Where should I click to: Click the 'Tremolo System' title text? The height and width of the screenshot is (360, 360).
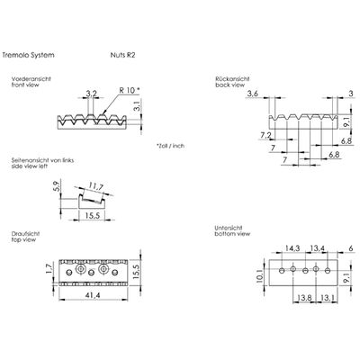pos(29,55)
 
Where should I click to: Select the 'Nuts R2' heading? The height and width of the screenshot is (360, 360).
pos(122,55)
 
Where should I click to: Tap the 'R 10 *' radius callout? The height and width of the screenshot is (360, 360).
pos(130,90)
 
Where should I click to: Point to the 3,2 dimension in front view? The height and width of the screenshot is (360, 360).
pos(91,94)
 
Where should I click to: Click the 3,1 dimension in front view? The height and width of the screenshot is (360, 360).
pos(136,106)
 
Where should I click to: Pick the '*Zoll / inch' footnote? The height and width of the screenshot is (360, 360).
pos(170,146)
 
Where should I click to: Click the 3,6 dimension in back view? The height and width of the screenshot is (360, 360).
pos(252,94)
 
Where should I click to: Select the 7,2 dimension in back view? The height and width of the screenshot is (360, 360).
pos(265,135)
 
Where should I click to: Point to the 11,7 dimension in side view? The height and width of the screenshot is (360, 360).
pos(96,187)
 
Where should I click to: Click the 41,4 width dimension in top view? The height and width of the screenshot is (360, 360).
pos(93,295)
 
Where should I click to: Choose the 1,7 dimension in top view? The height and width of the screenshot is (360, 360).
pos(49,268)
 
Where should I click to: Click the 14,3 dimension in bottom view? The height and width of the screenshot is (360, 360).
pos(292,248)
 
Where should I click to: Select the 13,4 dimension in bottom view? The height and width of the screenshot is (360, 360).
pos(317,248)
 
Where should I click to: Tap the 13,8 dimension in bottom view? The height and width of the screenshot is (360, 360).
pos(304,298)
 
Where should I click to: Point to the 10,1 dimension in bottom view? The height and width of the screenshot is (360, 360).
pos(260,275)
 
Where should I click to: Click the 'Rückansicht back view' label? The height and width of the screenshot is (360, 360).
pos(232,82)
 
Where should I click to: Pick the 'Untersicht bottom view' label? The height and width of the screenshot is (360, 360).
pos(232,230)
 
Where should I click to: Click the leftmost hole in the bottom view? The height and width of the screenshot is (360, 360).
pos(282,271)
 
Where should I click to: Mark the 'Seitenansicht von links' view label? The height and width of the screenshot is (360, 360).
pos(42,160)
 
